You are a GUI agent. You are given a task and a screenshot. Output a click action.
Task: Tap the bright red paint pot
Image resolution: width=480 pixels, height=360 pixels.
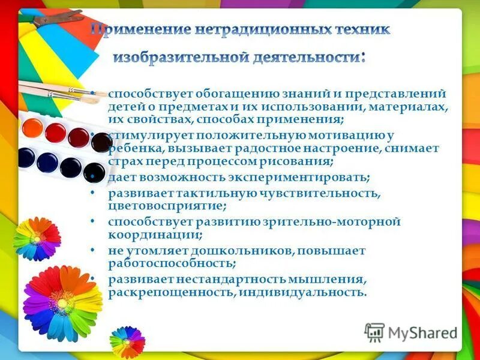coord(55,131)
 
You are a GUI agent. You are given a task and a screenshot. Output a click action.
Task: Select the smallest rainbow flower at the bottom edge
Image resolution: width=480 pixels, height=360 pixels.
coord(127,341)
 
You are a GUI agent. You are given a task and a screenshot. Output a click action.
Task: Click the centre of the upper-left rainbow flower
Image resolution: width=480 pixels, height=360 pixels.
coord(37,238)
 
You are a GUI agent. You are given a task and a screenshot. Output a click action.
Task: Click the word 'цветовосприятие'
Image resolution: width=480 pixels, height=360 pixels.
coord(166,206)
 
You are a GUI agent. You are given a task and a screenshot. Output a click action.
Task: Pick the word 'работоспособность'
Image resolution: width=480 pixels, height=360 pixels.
coord(171,263)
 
